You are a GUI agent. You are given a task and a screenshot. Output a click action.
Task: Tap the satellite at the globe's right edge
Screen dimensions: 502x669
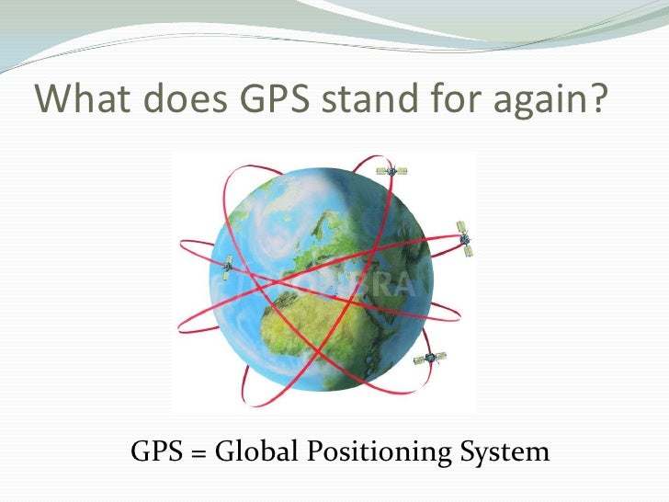(x=465, y=236)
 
